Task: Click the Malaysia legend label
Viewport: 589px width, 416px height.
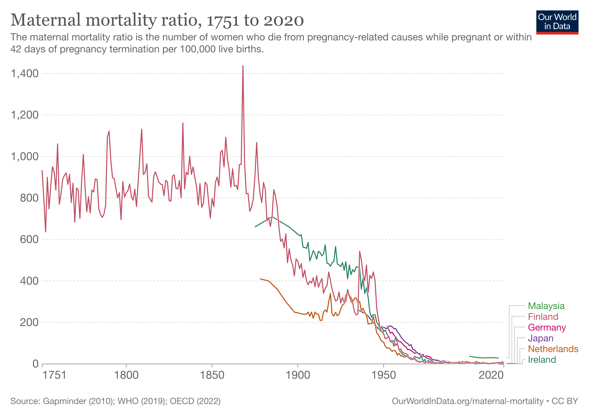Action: click(546, 306)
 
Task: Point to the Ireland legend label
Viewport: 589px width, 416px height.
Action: click(542, 360)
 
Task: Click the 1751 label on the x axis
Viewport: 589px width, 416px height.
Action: click(54, 375)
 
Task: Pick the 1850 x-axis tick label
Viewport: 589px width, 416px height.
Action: click(212, 375)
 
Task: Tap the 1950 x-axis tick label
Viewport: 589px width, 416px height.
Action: click(384, 375)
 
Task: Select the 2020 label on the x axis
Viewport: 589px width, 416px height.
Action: click(491, 375)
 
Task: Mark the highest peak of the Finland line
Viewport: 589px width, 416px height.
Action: click(243, 66)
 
